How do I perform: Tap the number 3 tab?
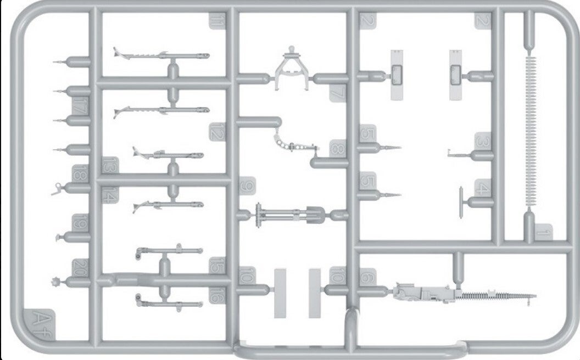482,142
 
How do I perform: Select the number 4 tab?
482,189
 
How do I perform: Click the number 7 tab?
337,92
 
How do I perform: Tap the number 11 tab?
217,22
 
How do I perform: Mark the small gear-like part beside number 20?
55,282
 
